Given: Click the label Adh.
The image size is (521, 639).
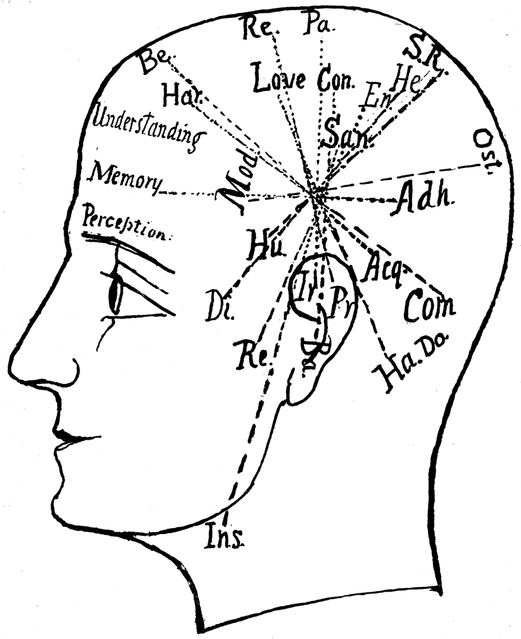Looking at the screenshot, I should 426,195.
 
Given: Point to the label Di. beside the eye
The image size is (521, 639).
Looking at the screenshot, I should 221,308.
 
